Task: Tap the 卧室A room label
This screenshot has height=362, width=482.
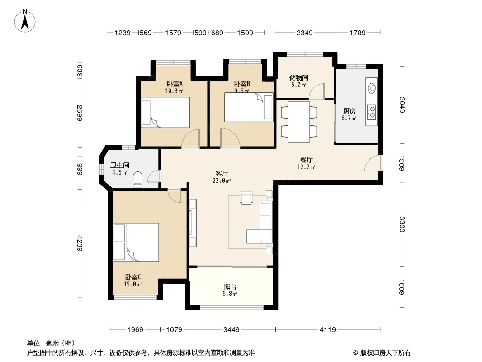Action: click(175, 84)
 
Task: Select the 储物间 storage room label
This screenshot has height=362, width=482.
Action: click(298, 77)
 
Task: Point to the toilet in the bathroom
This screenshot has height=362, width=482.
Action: click(138, 180)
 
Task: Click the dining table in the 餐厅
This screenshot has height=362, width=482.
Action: click(299, 122)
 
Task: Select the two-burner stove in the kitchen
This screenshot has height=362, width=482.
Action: click(372, 112)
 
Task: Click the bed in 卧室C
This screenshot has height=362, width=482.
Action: click(136, 242)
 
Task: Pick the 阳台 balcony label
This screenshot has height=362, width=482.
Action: click(230, 286)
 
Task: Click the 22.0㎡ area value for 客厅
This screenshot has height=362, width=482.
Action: click(221, 181)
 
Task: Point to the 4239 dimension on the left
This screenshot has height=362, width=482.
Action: click(80, 243)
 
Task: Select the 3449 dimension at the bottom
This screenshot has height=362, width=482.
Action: click(231, 330)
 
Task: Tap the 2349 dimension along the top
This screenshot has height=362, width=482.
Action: click(304, 33)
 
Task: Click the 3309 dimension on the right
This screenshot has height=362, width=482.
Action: click(402, 224)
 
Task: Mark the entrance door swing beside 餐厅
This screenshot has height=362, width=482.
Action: click(373, 163)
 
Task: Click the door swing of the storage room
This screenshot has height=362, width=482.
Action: click(317, 91)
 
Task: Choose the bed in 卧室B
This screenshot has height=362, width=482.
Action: click(249, 107)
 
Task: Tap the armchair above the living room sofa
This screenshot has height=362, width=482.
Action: click(246, 198)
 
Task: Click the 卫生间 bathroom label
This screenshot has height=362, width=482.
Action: click(119, 166)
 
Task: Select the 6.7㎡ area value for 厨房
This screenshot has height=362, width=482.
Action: click(349, 119)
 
